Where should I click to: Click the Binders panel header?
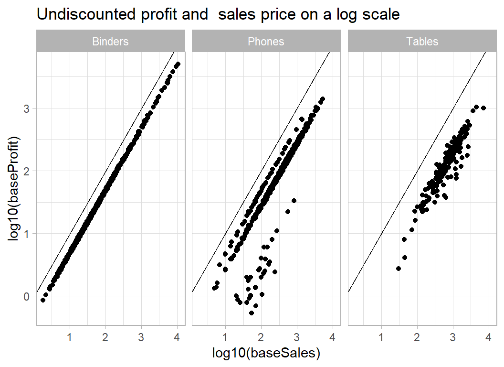pos(110,42)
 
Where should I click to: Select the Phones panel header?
pos(266,42)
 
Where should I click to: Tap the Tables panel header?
pos(422,42)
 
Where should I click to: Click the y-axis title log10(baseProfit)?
pos(15,188)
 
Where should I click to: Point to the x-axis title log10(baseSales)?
pos(266,353)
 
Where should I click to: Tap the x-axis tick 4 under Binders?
pos(177,337)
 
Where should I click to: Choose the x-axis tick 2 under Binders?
pos(105,337)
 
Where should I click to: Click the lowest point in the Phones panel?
pos(252,313)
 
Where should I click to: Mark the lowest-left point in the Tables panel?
pos(399,269)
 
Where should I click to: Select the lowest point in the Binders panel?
pos(43,300)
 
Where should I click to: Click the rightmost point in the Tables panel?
pos(483,108)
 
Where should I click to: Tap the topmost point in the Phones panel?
pos(323,99)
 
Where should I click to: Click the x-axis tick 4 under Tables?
pos(488,337)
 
